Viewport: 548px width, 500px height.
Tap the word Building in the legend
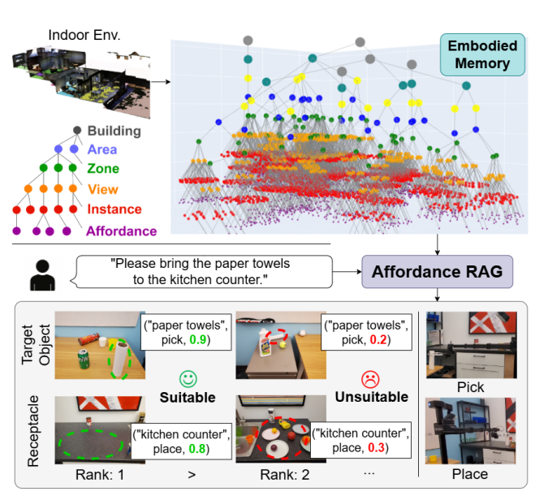114,131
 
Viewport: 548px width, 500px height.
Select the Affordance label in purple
122,231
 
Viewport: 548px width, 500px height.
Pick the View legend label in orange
102,189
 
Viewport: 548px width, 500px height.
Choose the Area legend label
102,149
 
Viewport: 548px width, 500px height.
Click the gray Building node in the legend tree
77,131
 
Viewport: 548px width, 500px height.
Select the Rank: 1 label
101,473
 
